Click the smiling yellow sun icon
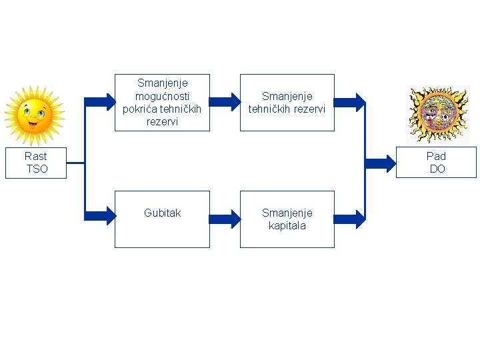click(33, 115)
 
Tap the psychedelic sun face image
click(437, 114)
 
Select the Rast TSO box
click(36, 163)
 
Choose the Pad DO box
click(436, 163)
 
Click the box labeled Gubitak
click(162, 219)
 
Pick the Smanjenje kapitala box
click(287, 219)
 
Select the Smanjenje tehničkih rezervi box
click(287, 103)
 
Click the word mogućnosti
click(162, 96)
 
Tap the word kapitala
click(287, 225)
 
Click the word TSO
click(37, 169)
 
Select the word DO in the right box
click(437, 169)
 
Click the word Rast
click(36, 156)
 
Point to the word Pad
click(436, 156)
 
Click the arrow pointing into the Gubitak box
click(101, 214)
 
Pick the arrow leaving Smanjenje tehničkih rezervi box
click(349, 102)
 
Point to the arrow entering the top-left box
click(101, 102)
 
